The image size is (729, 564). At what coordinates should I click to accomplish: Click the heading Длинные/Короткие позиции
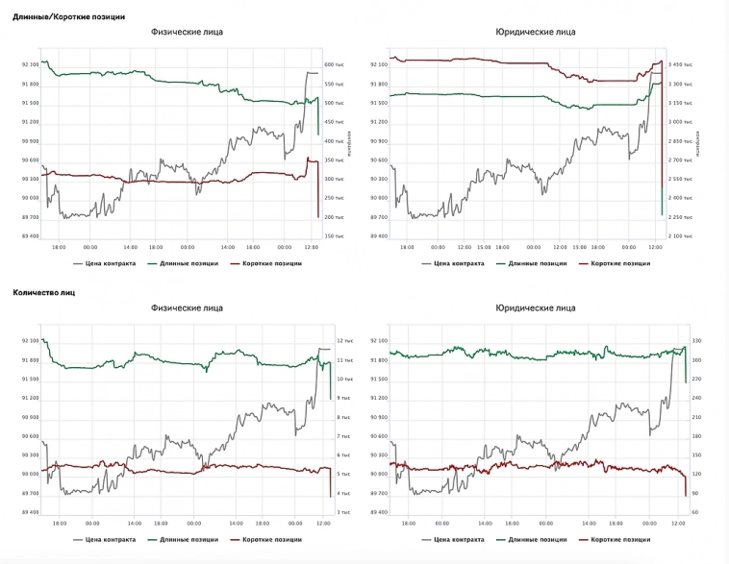click(68, 16)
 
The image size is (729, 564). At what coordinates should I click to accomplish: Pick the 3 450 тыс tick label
click(681, 64)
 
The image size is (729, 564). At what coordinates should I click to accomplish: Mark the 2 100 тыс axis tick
click(681, 235)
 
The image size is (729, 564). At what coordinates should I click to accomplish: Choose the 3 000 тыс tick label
click(681, 122)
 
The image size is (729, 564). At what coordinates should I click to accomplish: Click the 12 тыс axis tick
click(344, 341)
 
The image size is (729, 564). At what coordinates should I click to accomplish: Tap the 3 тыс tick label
click(343, 512)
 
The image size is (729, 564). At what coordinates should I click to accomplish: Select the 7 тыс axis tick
click(343, 436)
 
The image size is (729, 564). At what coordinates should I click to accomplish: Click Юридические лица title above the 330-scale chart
click(535, 308)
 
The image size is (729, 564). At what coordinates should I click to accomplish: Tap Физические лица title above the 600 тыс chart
click(187, 32)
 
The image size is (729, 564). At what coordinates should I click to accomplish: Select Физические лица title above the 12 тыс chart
click(187, 308)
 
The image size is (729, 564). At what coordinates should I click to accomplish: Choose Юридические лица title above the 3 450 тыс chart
click(535, 32)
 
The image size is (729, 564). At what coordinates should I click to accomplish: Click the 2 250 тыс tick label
click(681, 217)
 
